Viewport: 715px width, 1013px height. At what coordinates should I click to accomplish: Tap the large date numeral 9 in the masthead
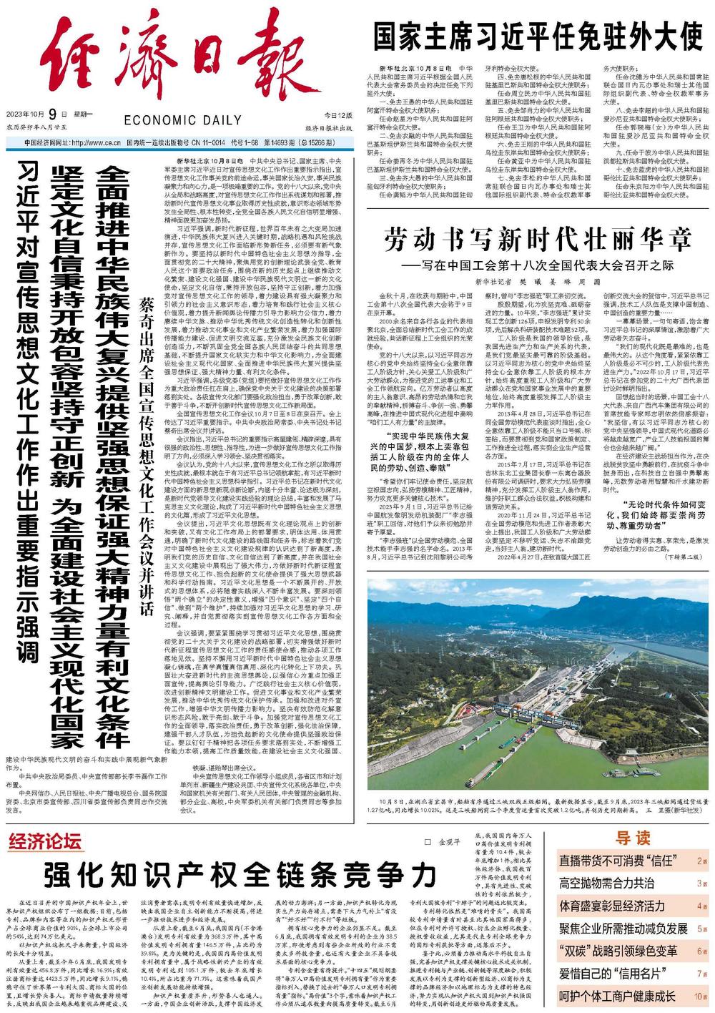53,114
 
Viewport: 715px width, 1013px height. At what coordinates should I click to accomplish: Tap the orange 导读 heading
633,838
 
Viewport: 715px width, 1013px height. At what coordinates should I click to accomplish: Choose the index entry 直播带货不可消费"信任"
619,861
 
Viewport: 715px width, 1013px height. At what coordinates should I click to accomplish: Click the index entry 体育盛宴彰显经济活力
612,906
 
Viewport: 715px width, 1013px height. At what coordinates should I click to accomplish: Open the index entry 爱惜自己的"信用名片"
613,974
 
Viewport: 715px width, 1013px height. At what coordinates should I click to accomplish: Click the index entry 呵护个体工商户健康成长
618,997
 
